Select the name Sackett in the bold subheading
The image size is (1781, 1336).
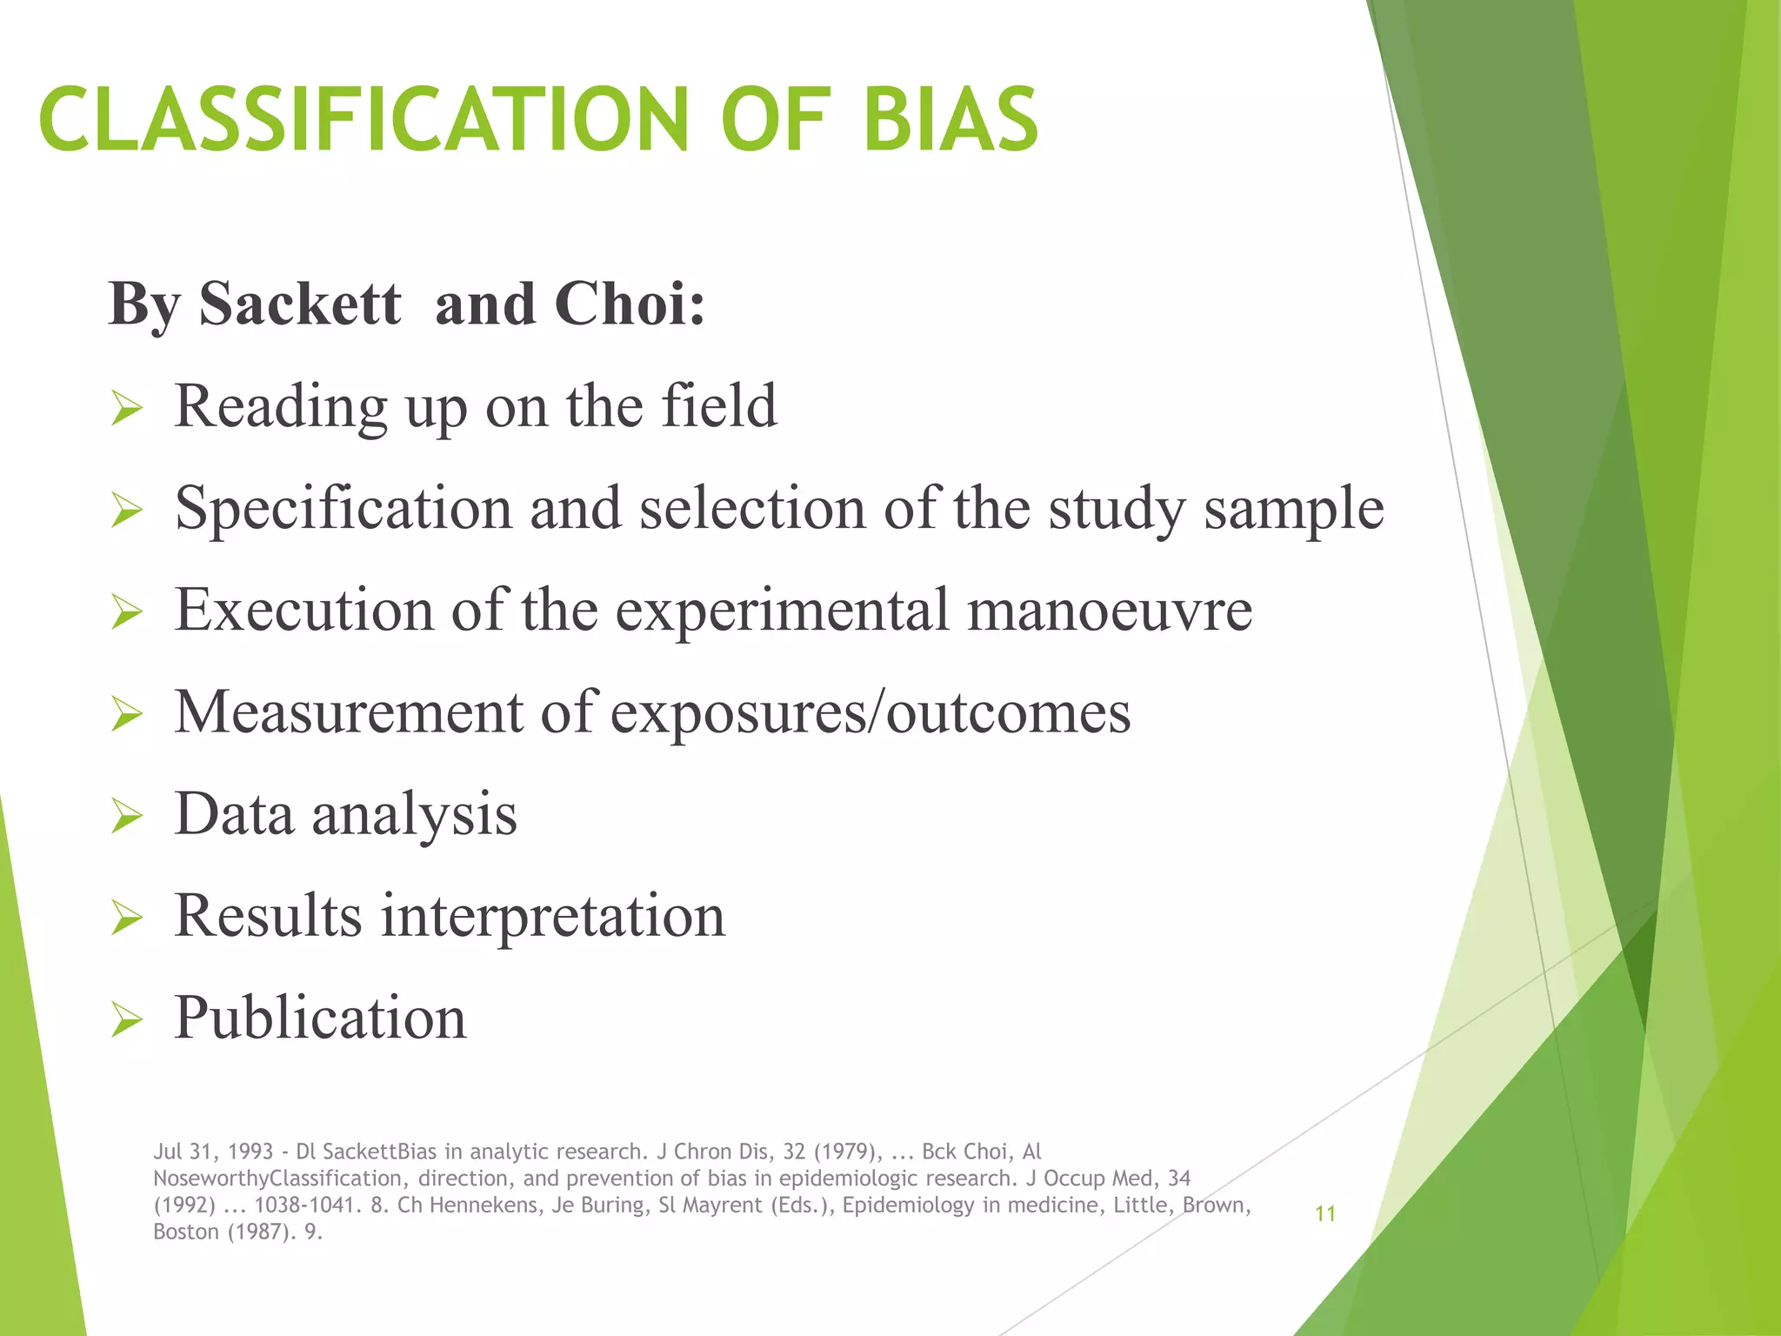pyautogui.click(x=300, y=304)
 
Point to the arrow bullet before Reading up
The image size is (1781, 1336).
pyautogui.click(x=127, y=408)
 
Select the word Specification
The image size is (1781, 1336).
pyautogui.click(x=343, y=509)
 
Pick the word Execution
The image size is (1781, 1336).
pyautogui.click(x=304, y=610)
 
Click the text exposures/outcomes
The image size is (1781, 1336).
pyautogui.click(x=870, y=712)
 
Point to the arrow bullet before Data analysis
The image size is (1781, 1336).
pyautogui.click(x=127, y=816)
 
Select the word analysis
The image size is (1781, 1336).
pyautogui.click(x=414, y=815)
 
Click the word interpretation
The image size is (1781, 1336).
pyautogui.click(x=553, y=916)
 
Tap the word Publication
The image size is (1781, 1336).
pyautogui.click(x=320, y=1018)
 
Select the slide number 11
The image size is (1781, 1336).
pyautogui.click(x=1324, y=1213)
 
